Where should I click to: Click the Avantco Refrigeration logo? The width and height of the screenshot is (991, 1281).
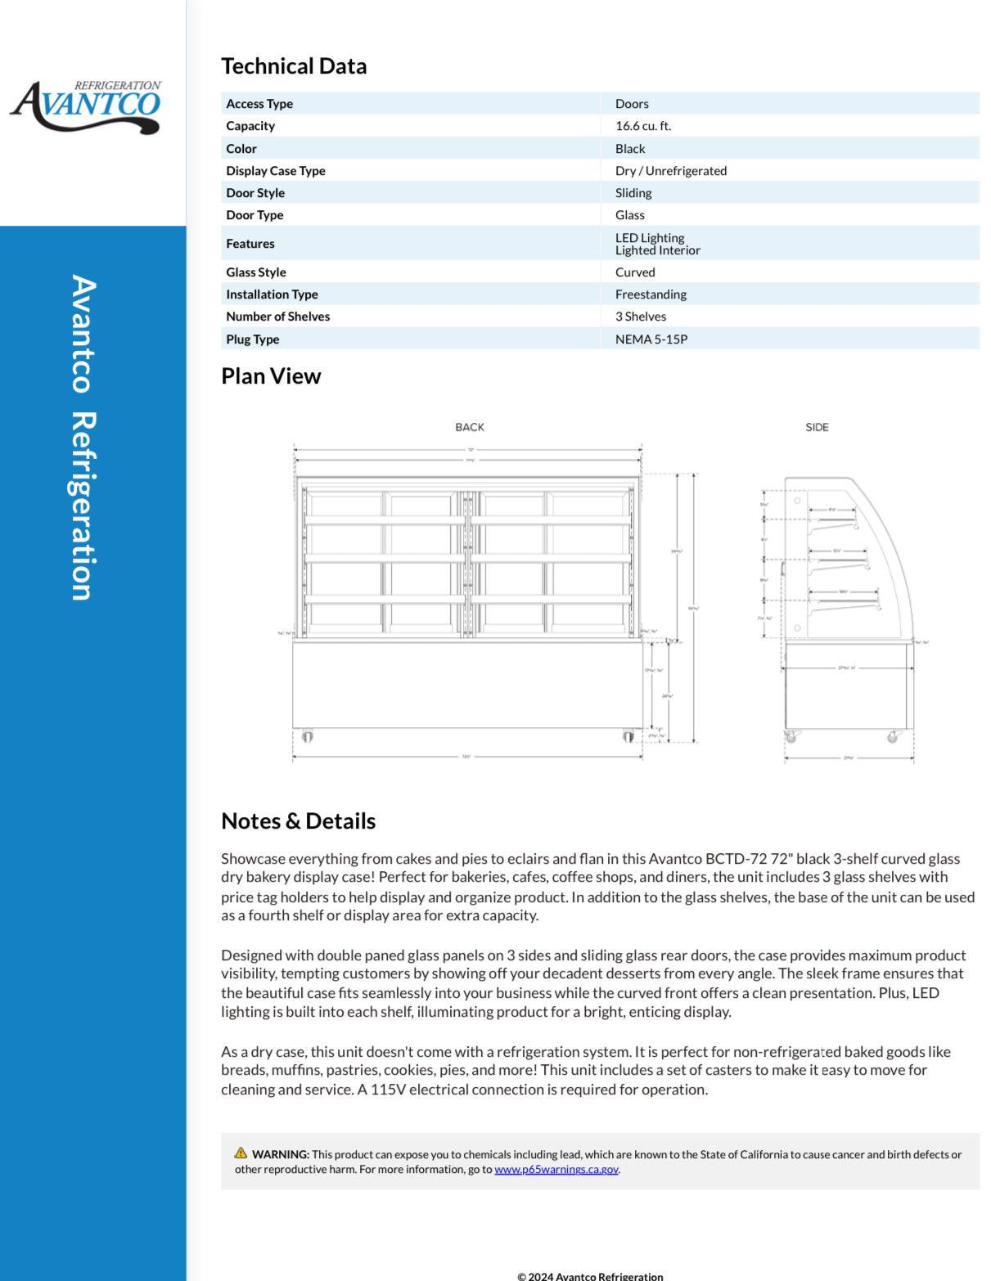pyautogui.click(x=85, y=106)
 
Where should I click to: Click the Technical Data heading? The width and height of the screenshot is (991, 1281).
pyautogui.click(x=294, y=66)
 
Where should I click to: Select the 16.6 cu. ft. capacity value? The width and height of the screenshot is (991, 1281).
pyautogui.click(x=643, y=126)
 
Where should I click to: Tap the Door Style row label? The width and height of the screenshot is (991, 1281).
pyautogui.click(x=255, y=193)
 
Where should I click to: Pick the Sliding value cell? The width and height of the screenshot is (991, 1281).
pyautogui.click(x=633, y=193)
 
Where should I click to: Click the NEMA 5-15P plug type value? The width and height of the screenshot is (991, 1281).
pyautogui.click(x=651, y=339)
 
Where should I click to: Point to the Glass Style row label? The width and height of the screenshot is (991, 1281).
pyautogui.click(x=255, y=272)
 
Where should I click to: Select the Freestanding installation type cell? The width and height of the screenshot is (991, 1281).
pyautogui.click(x=651, y=294)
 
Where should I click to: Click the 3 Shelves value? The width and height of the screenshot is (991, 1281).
pyautogui.click(x=641, y=317)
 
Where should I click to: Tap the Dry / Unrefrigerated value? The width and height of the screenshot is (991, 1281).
pyautogui.click(x=671, y=171)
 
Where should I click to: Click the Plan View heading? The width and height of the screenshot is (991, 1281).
pyautogui.click(x=271, y=376)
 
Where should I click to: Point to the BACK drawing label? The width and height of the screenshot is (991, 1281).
pyautogui.click(x=470, y=427)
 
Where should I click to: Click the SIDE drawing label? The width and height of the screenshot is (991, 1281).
pyautogui.click(x=817, y=427)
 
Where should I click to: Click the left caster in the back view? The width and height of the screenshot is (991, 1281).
pyautogui.click(x=307, y=737)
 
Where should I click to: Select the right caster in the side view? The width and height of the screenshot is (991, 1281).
pyautogui.click(x=893, y=737)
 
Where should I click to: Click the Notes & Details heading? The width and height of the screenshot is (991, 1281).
pyautogui.click(x=298, y=821)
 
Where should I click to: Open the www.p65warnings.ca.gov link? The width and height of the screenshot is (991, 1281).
pyautogui.click(x=556, y=1170)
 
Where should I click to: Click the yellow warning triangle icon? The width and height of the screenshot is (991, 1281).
pyautogui.click(x=241, y=1153)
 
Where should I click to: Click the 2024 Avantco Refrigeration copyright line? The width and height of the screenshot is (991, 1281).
pyautogui.click(x=590, y=1275)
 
